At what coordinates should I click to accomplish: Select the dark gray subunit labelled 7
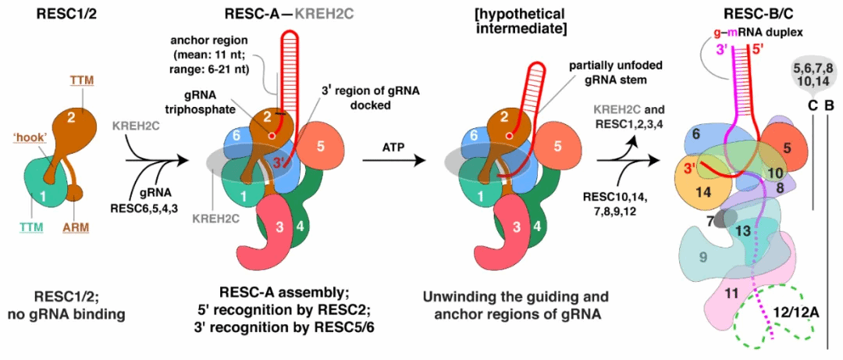click(711, 221)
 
